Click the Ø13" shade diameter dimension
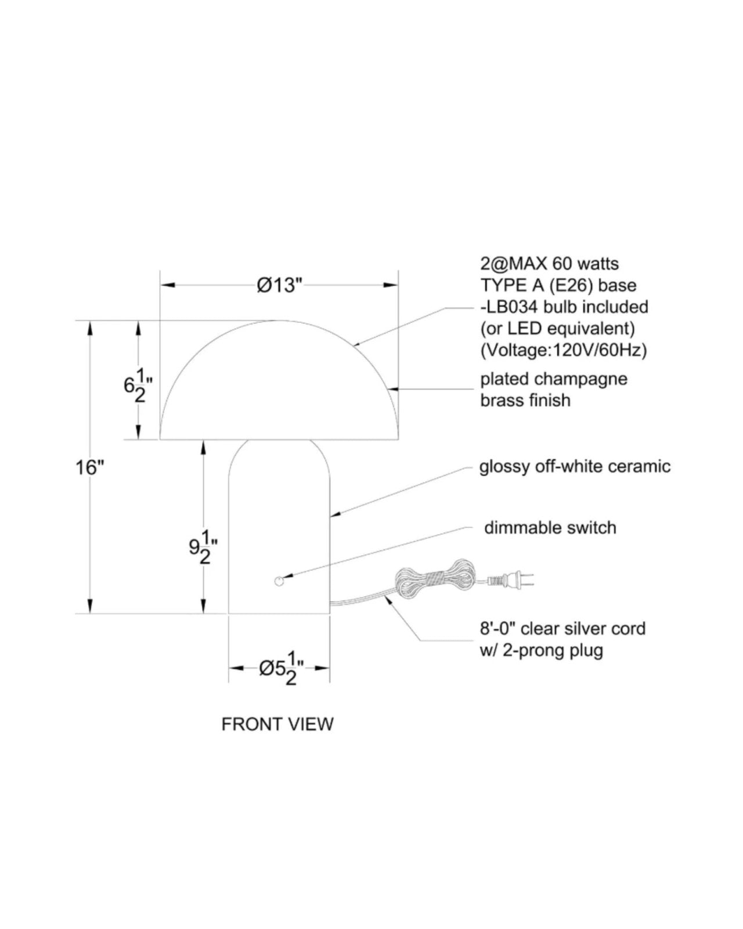point(279,285)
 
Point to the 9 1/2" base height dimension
point(203,547)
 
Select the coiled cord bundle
point(434,578)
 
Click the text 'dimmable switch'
point(550,528)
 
